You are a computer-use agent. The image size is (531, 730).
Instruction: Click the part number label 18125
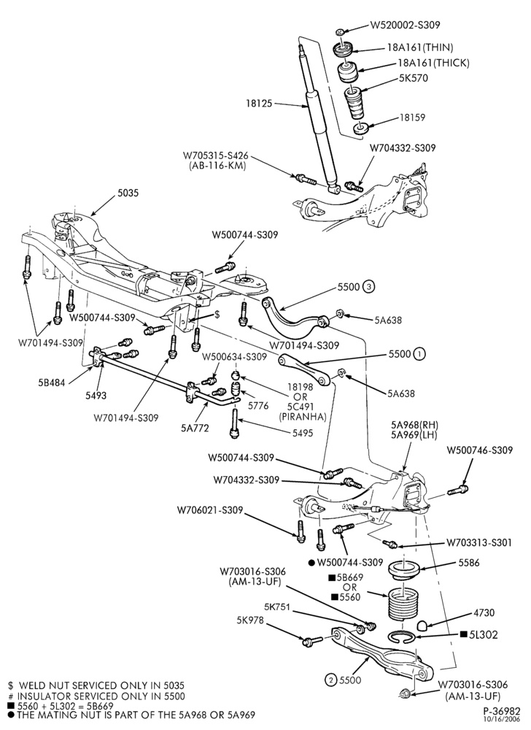258,104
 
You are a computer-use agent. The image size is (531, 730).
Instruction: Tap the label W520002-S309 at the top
405,25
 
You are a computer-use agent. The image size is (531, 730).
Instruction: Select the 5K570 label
414,78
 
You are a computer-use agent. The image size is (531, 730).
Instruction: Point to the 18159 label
412,118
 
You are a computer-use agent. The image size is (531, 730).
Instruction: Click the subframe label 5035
128,192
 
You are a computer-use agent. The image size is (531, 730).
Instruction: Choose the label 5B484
52,383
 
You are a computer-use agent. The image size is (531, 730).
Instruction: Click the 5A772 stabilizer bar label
195,428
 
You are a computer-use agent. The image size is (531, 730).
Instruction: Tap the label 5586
469,562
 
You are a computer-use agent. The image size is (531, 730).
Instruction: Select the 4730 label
484,612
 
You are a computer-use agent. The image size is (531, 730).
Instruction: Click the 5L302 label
484,634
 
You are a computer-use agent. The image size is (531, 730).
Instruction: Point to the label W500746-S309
480,450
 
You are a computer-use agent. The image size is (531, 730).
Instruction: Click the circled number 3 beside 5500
368,287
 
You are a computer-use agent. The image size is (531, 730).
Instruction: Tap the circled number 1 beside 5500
419,354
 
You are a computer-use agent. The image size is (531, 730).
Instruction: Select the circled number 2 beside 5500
331,680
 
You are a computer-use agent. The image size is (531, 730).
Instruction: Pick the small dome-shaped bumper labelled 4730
422,626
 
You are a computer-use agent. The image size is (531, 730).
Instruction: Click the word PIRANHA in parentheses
303,416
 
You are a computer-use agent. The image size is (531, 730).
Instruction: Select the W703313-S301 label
479,542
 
